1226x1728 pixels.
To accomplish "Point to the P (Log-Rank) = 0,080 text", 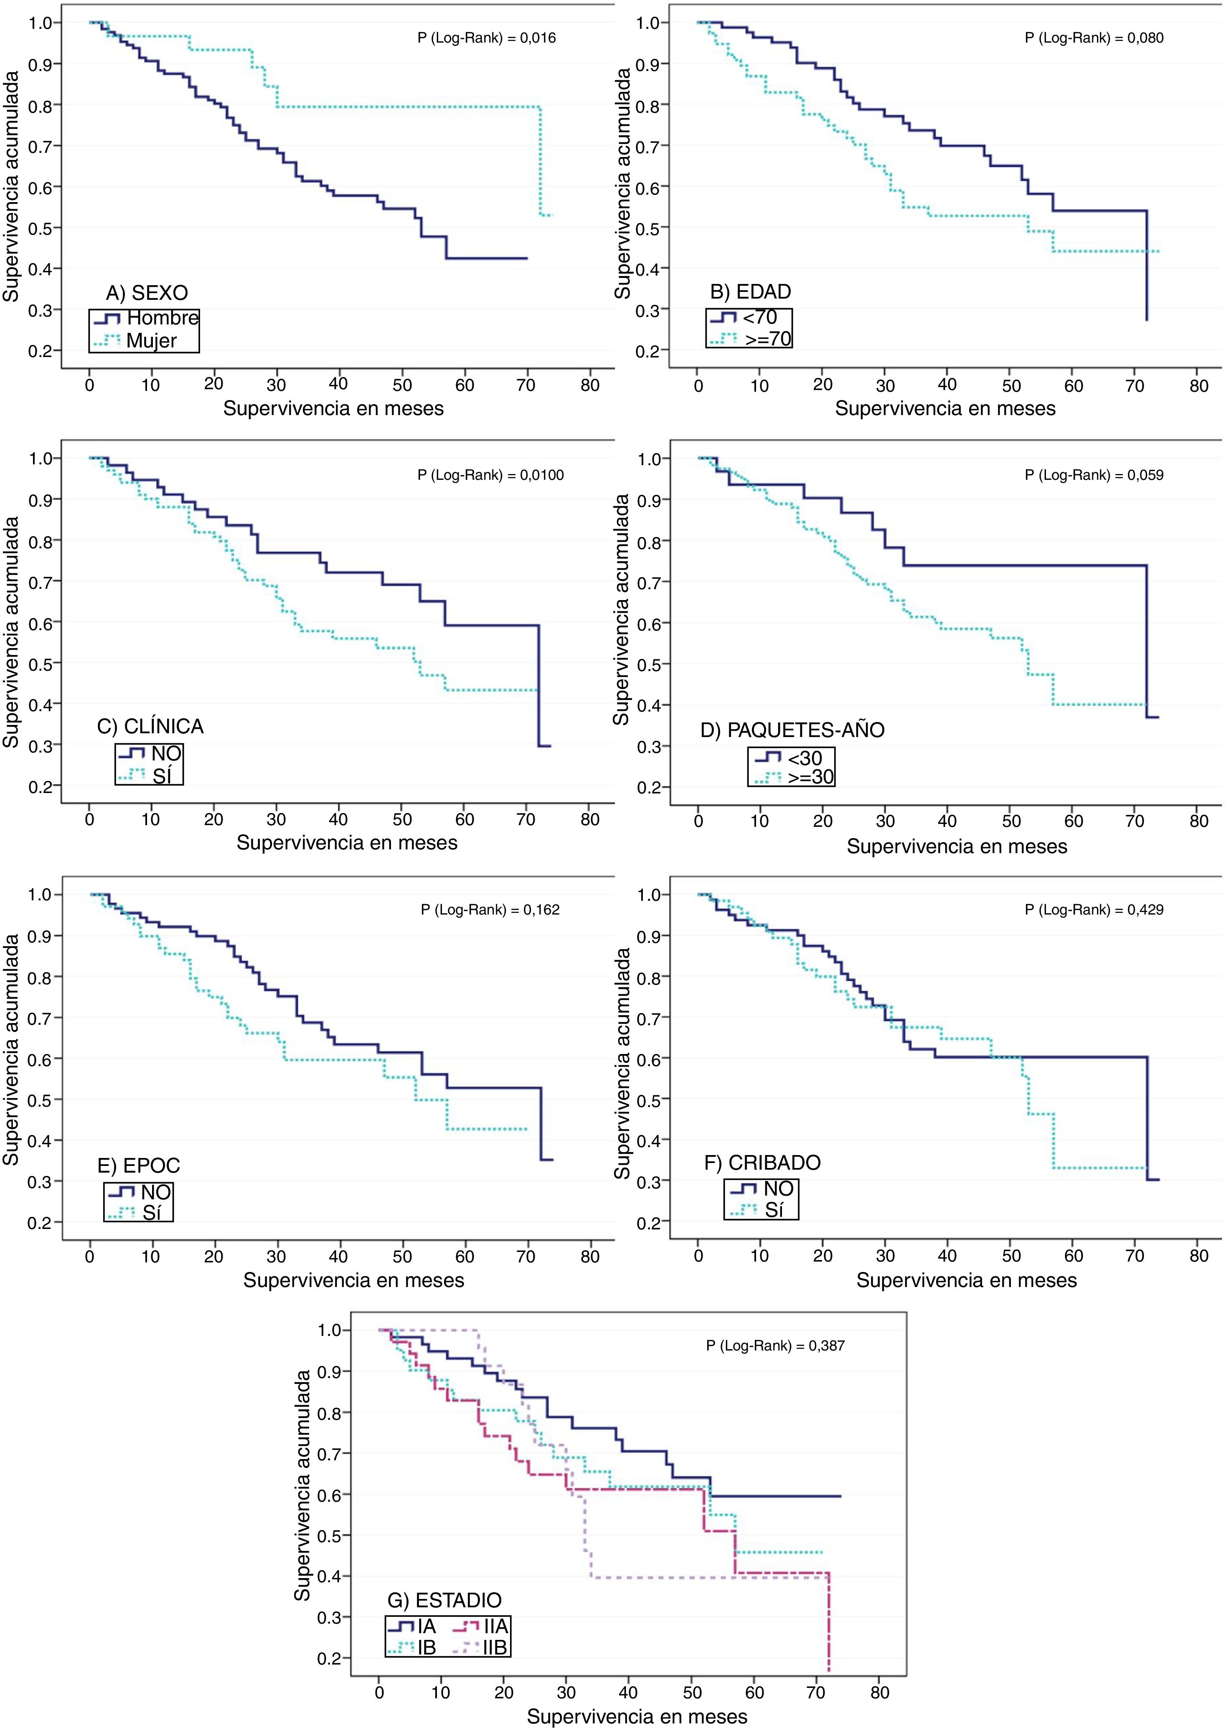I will click(1094, 38).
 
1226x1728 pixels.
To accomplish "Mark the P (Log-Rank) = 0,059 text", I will click(1094, 475).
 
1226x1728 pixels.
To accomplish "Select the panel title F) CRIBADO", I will click(762, 1163).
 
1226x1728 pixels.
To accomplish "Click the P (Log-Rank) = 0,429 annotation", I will click(1094, 910).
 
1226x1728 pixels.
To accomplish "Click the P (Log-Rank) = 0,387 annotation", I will click(775, 1345).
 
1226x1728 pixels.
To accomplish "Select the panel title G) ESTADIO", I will click(444, 1601).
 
